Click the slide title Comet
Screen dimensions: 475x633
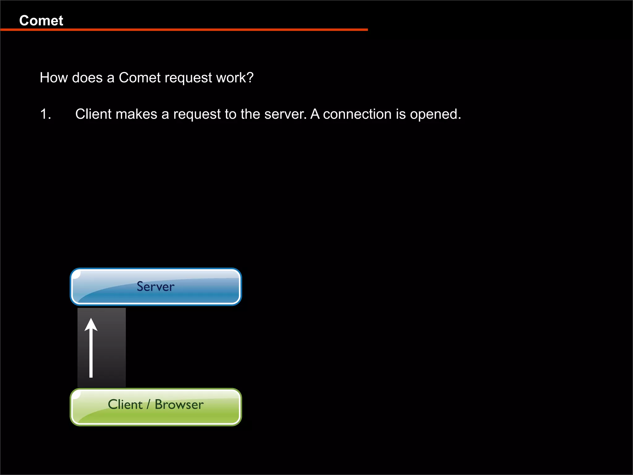pyautogui.click(x=41, y=21)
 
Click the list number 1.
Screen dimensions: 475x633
pyautogui.click(x=45, y=114)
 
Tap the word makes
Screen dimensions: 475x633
pyautogui.click(x=136, y=114)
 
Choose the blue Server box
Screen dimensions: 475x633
pyautogui.click(x=156, y=287)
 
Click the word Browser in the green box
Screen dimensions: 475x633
pyautogui.click(x=179, y=404)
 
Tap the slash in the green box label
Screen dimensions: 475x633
pyautogui.click(x=149, y=404)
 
